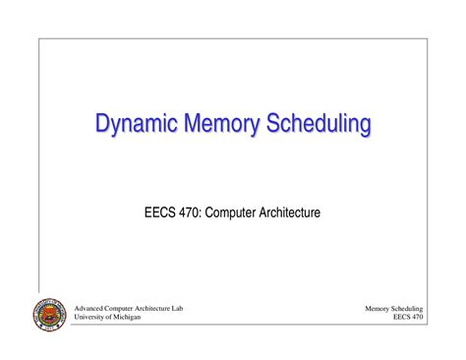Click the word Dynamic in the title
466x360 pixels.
tap(134, 125)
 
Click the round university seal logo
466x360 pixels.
tap(48, 316)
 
